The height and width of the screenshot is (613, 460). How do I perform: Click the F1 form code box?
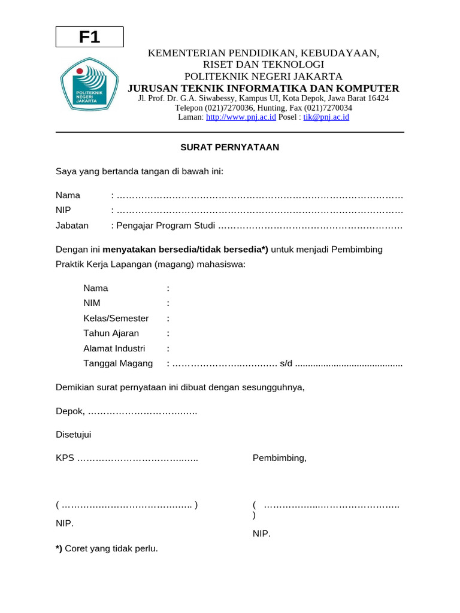tap(90, 37)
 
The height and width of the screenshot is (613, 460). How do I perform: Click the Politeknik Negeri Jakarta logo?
tap(90, 86)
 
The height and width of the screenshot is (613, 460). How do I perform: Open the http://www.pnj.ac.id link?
tap(241, 117)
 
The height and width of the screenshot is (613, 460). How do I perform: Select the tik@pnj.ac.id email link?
tap(326, 117)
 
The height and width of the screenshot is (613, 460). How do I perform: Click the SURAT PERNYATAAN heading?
tap(230, 147)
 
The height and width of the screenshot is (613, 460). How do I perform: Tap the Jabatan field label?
tap(72, 226)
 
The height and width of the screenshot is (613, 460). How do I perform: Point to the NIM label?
tap(92, 303)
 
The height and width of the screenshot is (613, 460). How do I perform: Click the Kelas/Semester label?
tap(116, 318)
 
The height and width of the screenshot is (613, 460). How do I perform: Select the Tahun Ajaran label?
tap(111, 333)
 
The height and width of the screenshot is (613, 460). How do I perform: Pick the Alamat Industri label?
tap(114, 348)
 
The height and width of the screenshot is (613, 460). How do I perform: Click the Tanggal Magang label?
tap(118, 363)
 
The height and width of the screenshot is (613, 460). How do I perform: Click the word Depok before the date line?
tap(69, 412)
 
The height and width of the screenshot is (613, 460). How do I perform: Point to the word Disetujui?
tap(74, 435)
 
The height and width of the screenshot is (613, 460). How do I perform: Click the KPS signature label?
tap(65, 458)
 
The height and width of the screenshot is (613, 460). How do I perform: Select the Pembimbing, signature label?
tap(279, 458)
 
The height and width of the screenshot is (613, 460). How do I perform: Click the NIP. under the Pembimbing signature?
tap(261, 533)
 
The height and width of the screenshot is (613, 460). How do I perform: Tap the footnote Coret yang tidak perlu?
tap(111, 548)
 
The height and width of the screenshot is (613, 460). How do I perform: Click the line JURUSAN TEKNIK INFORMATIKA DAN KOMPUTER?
tap(264, 88)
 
